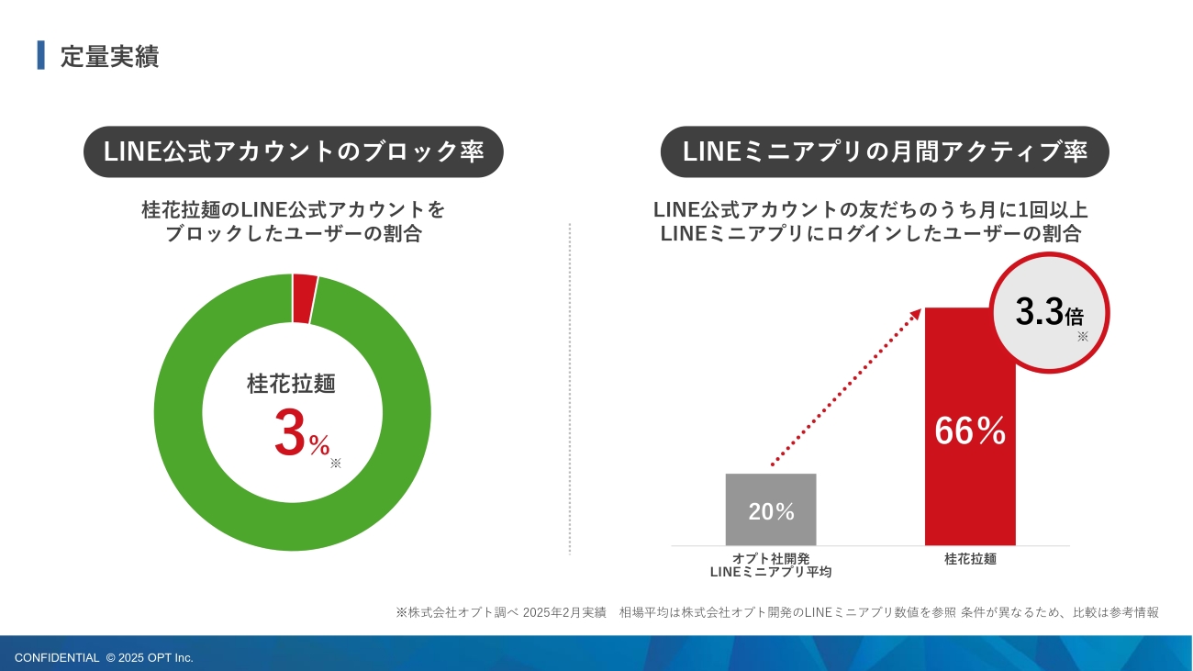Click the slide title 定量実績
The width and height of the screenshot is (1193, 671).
(x=109, y=56)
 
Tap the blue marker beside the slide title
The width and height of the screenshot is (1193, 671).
(x=40, y=55)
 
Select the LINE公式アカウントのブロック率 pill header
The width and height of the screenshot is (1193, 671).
(x=294, y=152)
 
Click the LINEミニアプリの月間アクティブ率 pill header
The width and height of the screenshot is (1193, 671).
(x=885, y=152)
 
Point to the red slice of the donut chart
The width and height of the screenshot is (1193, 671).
(x=304, y=299)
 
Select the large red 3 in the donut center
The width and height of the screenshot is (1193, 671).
(x=289, y=434)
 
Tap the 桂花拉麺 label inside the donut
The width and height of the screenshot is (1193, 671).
(x=291, y=384)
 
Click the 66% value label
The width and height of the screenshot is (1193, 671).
(x=970, y=431)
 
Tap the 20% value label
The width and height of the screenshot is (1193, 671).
(x=771, y=512)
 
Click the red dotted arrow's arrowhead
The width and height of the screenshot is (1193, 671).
(x=915, y=314)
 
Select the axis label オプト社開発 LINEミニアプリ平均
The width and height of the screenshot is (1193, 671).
(x=771, y=565)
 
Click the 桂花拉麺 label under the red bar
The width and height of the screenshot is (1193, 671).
(x=970, y=558)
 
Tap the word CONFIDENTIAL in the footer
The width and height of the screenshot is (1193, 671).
(x=57, y=657)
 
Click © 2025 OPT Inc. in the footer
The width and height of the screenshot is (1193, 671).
(x=150, y=657)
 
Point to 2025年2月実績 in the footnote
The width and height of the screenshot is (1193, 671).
(x=564, y=612)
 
